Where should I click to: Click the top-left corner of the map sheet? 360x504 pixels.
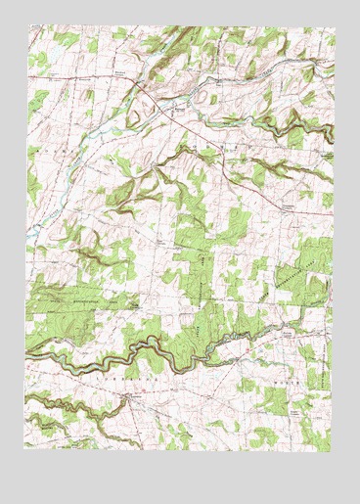coord(26,27)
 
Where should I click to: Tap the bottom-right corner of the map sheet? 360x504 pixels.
coord(335,449)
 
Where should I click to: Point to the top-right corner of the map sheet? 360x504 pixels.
coord(335,27)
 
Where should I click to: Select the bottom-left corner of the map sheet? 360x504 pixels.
coord(26,449)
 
